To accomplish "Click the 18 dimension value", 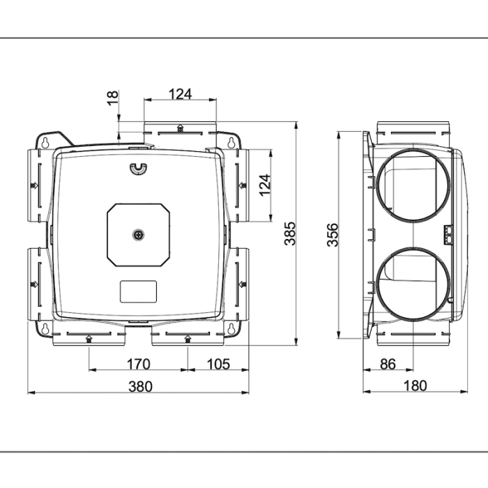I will (x=114, y=98).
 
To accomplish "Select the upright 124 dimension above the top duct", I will (x=181, y=93).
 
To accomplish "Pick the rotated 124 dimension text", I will (x=264, y=185).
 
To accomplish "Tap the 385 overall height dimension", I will (x=290, y=234).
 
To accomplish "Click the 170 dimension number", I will (x=139, y=363).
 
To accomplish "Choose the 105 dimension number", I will (x=218, y=363).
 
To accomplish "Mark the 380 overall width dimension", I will (x=139, y=386).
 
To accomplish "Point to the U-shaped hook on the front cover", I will (x=138, y=168).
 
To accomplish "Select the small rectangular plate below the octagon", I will (x=138, y=291).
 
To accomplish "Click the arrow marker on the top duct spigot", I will (x=181, y=128).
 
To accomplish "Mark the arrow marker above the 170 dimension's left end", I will (x=89, y=339).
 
